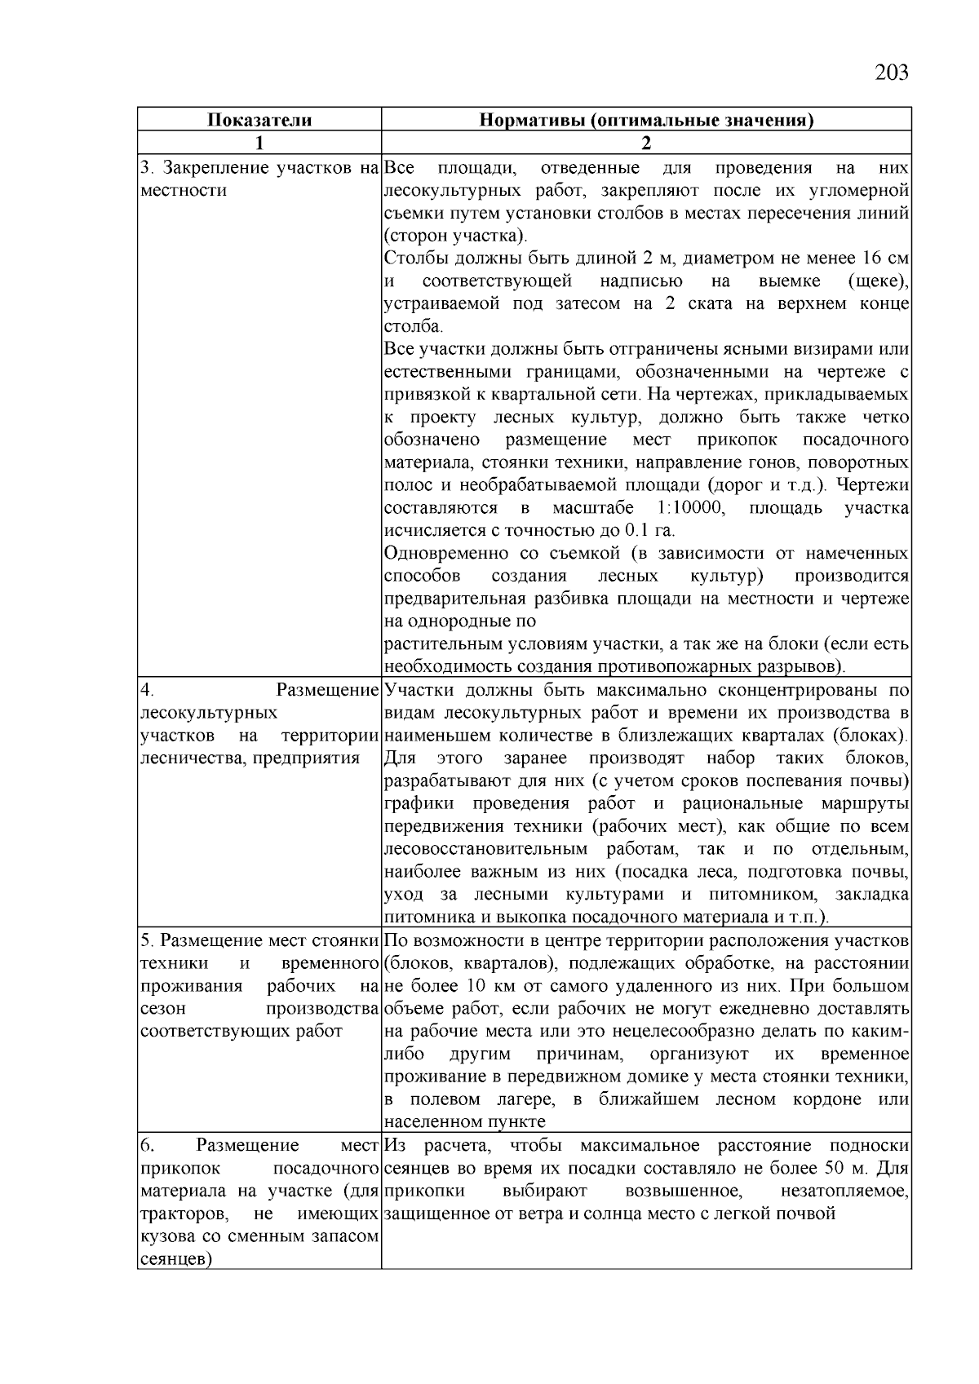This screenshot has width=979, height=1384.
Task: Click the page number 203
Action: click(891, 73)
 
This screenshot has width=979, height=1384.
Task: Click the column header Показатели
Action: click(259, 121)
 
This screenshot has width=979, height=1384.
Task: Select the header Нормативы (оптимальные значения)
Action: click(646, 121)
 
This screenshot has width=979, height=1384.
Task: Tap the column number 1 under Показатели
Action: click(259, 144)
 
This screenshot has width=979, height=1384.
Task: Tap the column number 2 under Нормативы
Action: click(646, 144)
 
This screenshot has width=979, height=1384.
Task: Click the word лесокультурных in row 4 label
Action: click(209, 713)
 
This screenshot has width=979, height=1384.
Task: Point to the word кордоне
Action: click(826, 1099)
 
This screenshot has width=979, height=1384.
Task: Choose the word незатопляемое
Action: click(844, 1190)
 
